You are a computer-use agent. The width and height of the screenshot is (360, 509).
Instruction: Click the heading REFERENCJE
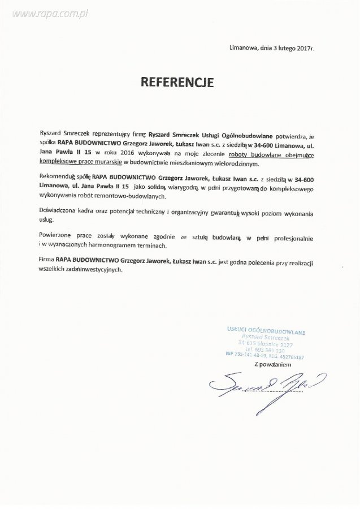pyautogui.click(x=177, y=83)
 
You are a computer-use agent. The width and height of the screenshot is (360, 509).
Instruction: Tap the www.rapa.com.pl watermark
pyautogui.click(x=45, y=13)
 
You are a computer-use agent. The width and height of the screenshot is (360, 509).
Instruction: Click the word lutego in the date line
pyautogui.click(x=282, y=49)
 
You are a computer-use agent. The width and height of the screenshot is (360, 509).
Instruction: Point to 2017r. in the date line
pyautogui.click(x=303, y=49)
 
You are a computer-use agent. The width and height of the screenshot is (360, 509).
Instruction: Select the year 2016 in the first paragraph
pyautogui.click(x=128, y=153)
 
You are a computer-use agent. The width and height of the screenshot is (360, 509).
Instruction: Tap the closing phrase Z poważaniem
pyautogui.click(x=272, y=365)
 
